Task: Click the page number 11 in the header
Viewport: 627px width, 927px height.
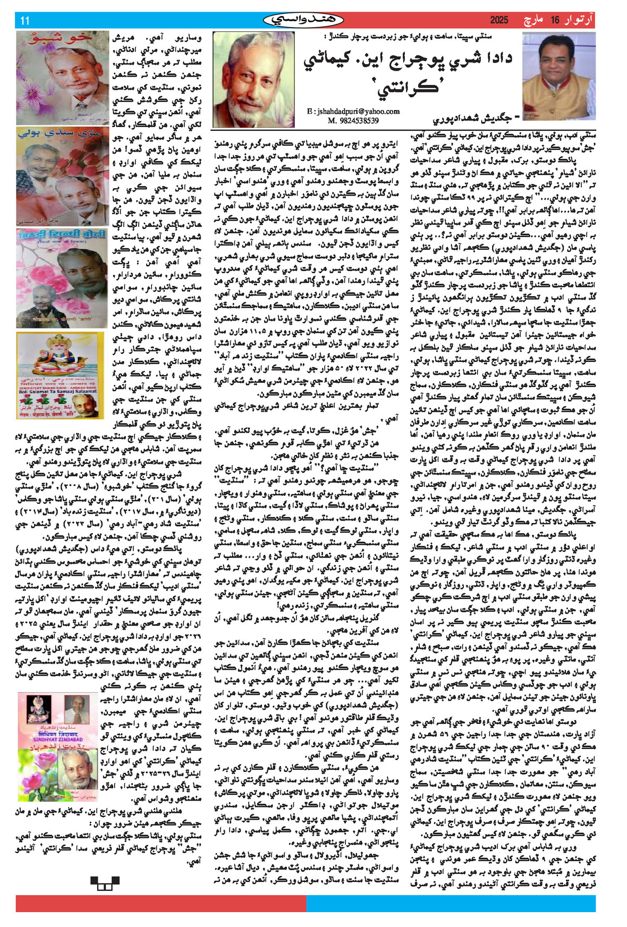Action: [24, 21]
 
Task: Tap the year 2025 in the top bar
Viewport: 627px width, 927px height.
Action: [499, 21]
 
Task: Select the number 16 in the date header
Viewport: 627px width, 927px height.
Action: [555, 21]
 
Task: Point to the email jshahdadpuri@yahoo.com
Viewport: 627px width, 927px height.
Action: [353, 111]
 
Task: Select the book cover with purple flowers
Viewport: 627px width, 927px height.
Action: [62, 78]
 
